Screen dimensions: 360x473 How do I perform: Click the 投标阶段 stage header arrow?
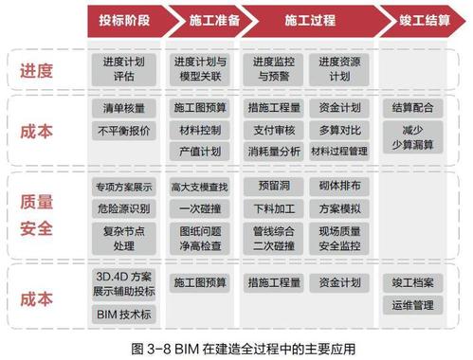pyautogui.click(x=124, y=19)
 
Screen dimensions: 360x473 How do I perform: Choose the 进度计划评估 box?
pyautogui.click(x=124, y=68)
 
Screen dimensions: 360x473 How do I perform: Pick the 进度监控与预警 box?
pyautogui.click(x=273, y=68)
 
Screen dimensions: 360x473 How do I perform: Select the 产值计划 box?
pyautogui.click(x=199, y=151)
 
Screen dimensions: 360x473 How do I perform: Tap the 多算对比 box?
pyautogui.click(x=339, y=129)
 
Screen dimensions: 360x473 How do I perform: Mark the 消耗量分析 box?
pyautogui.click(x=273, y=151)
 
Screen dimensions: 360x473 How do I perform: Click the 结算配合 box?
pyautogui.click(x=412, y=108)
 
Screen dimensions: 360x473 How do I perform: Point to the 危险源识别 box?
pyautogui.click(x=124, y=207)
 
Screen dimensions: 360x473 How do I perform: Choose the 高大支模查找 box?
pyautogui.click(x=199, y=186)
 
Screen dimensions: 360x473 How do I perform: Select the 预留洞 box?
pyautogui.click(x=273, y=186)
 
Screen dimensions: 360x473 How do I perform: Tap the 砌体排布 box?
pyautogui.click(x=339, y=186)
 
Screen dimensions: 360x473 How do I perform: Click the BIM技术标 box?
pyautogui.click(x=124, y=314)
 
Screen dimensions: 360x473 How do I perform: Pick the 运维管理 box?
pyautogui.click(x=412, y=305)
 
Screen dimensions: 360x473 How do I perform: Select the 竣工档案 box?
pyautogui.click(x=412, y=282)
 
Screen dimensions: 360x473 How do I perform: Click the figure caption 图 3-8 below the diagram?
pyautogui.click(x=237, y=347)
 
